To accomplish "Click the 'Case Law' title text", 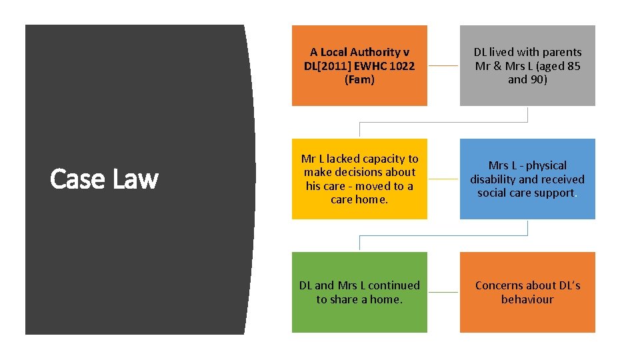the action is [105, 179].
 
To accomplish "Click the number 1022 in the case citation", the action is [400, 66].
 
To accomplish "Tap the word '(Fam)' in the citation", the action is [359, 80].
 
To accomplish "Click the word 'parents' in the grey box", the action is [561, 52].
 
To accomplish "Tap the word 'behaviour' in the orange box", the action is [527, 299].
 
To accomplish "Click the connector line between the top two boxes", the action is [443, 66].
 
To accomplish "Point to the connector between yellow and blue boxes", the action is [443, 179].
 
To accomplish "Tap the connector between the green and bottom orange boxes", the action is [443, 292].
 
